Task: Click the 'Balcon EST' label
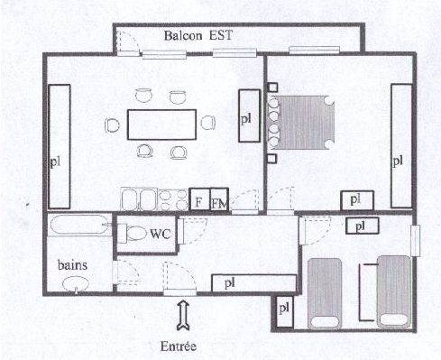coord(198,37)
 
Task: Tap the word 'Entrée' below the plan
coord(177,345)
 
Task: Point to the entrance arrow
coord(182,316)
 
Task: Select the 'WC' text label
coord(160,235)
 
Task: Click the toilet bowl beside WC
coord(134,235)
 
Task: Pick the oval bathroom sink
coord(75,285)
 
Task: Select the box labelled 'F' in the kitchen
coord(198,201)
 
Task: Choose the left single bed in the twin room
coord(326,291)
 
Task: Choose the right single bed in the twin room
coord(393,291)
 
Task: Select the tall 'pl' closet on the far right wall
coord(400,146)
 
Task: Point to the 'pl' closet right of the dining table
coord(246,116)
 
